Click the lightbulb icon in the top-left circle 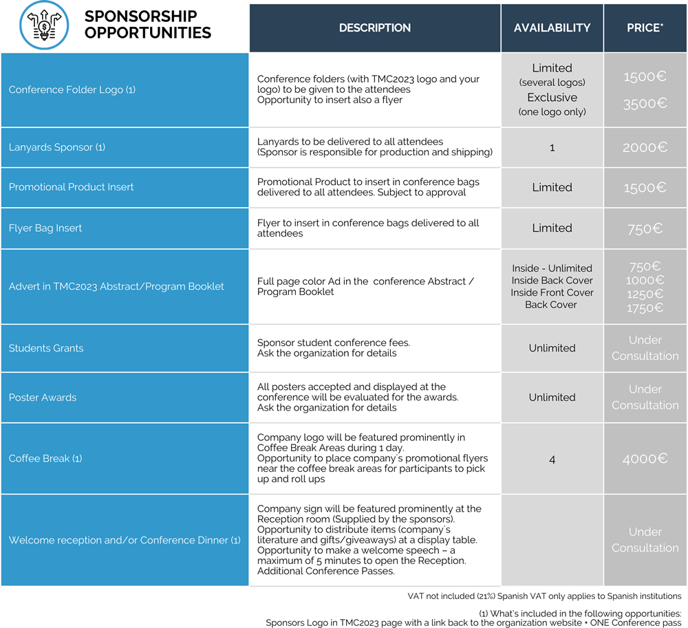pos(43,25)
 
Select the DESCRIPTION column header pos(375,28)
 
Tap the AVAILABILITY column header pos(552,28)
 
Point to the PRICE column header pos(645,28)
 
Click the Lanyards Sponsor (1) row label pos(57,147)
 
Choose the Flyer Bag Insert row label pos(45,228)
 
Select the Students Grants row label pos(46,348)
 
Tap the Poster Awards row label pos(43,398)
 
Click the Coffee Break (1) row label pos(45,458)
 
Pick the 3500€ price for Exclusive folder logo pos(645,104)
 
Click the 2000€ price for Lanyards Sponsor pos(645,147)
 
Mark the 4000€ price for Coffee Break pos(645,459)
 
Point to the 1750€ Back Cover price pos(645,308)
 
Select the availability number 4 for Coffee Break pos(552,459)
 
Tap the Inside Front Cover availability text pos(552,292)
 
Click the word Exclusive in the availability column pos(552,98)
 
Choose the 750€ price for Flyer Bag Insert pos(645,228)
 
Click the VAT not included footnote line pos(544,596)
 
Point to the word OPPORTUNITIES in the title pos(148,32)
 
